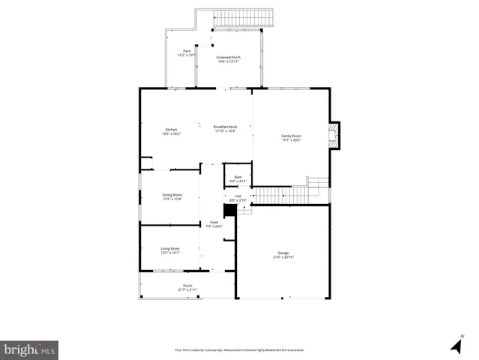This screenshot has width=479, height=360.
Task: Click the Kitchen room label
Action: point(172,130)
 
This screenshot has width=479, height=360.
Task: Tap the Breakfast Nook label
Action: point(225,127)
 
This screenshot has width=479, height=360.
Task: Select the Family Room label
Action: point(291,135)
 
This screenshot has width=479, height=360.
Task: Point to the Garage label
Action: point(283,253)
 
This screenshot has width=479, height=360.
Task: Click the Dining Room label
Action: point(172,194)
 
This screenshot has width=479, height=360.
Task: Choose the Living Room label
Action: point(170,248)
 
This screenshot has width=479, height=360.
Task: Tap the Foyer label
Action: point(214,222)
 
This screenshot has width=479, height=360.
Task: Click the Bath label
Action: point(238,177)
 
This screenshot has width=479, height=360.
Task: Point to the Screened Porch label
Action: point(229,57)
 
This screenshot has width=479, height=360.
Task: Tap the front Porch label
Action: point(187,285)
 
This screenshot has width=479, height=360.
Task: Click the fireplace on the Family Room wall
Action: point(335,136)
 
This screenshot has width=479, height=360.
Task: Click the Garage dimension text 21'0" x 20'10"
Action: point(283,257)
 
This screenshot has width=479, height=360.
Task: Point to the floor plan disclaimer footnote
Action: point(239,349)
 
